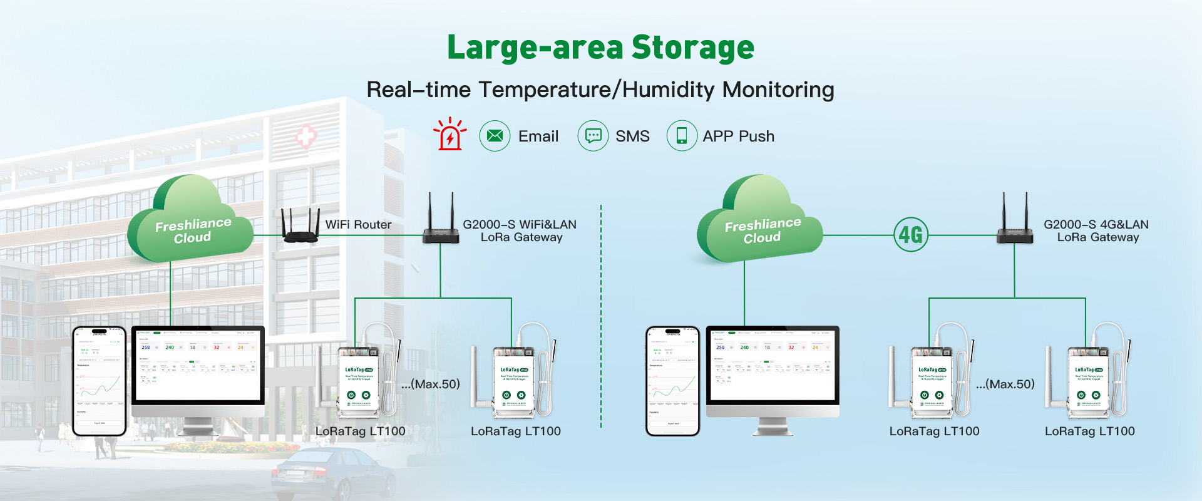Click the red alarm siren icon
point(449,135)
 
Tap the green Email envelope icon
point(495,136)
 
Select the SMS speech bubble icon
point(593,136)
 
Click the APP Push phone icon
point(682,136)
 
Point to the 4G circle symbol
point(910,235)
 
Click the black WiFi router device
point(300,228)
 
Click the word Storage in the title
point(692,48)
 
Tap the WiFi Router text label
point(358,224)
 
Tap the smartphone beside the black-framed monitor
point(99,380)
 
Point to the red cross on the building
point(306,136)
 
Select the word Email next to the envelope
point(538,136)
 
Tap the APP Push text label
point(738,136)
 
